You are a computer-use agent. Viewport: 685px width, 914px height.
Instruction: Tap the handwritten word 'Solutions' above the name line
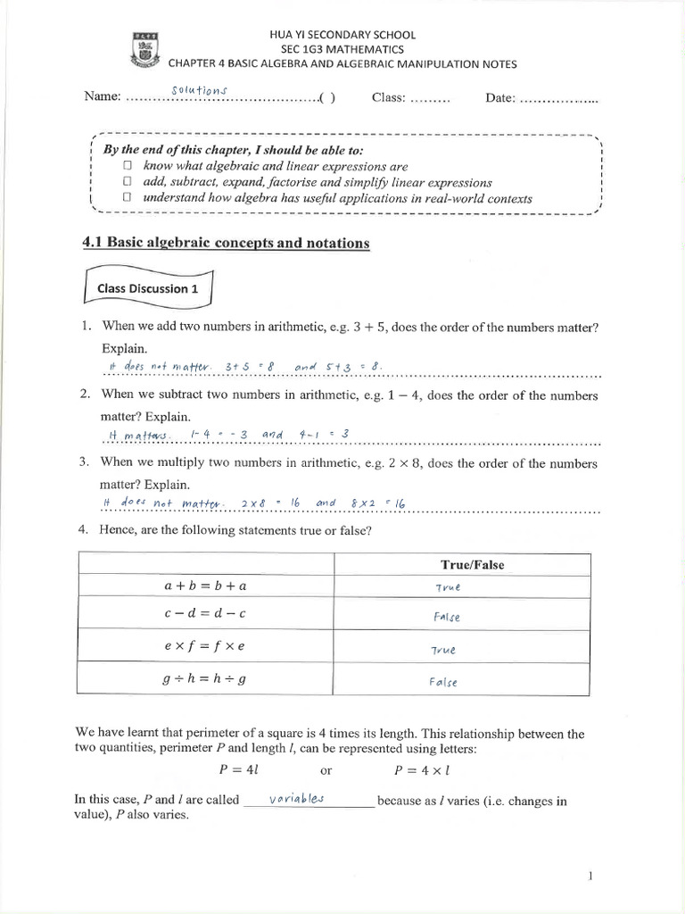tap(200, 89)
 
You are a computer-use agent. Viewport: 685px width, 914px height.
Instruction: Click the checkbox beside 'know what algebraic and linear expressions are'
tap(128, 166)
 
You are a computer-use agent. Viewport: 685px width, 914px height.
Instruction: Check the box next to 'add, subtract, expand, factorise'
tap(128, 182)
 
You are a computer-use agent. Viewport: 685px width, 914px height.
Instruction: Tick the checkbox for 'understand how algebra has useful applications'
tap(128, 198)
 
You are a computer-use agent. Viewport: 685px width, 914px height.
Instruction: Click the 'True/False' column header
tap(472, 565)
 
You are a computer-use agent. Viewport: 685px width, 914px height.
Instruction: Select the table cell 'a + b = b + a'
tap(206, 586)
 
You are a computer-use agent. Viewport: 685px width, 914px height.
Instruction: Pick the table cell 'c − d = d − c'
tap(206, 615)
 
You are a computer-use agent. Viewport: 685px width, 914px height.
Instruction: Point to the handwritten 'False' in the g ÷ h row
tap(443, 682)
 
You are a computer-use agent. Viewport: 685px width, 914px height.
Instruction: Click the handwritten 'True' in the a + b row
tap(448, 587)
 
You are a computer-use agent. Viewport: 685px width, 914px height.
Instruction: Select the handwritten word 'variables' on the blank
tap(297, 799)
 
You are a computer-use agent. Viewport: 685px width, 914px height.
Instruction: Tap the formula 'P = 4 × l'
tap(429, 769)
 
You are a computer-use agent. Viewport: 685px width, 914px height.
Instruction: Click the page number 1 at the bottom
tap(590, 877)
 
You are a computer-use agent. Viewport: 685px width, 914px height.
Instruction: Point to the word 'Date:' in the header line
tap(500, 97)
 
